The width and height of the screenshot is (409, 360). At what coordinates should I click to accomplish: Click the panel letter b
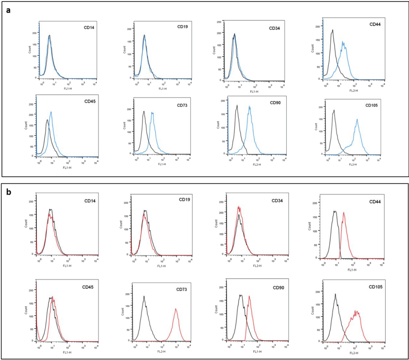click(8, 191)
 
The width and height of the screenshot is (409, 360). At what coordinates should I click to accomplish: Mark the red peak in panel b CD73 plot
click(176, 309)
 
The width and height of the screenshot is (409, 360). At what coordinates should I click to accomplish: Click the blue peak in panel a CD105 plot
click(357, 119)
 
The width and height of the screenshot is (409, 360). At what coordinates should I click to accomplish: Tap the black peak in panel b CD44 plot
click(335, 211)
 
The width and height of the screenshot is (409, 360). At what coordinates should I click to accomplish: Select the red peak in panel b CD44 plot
click(344, 212)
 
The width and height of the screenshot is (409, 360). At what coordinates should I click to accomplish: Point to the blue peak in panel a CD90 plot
click(249, 106)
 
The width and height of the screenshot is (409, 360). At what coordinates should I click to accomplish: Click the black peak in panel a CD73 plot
click(144, 111)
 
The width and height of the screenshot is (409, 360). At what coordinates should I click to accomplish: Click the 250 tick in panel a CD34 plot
click(218, 22)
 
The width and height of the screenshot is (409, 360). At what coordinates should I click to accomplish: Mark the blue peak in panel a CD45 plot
click(51, 112)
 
